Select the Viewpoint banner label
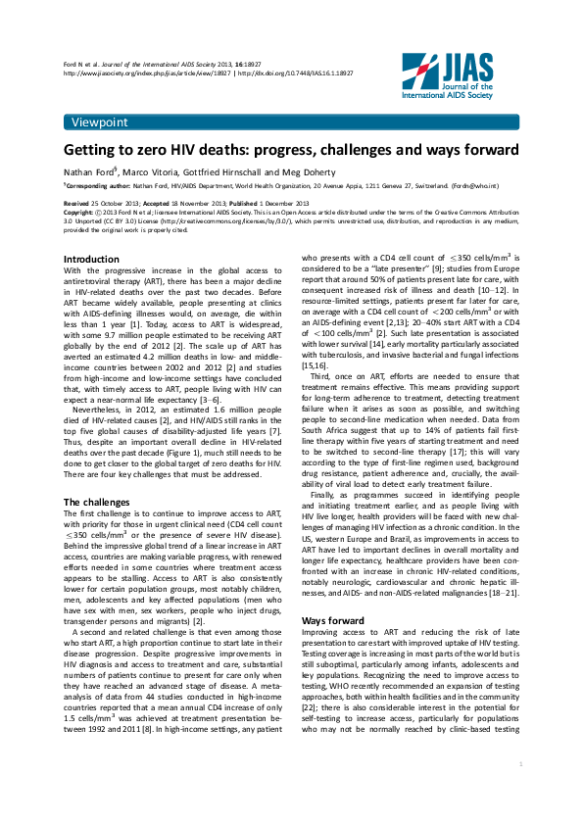(x=100, y=121)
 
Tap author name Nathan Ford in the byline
(x=92, y=170)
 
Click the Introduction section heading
(x=91, y=259)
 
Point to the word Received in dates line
(x=77, y=203)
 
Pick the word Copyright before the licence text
(x=79, y=212)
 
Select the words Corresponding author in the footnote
(x=98, y=184)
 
